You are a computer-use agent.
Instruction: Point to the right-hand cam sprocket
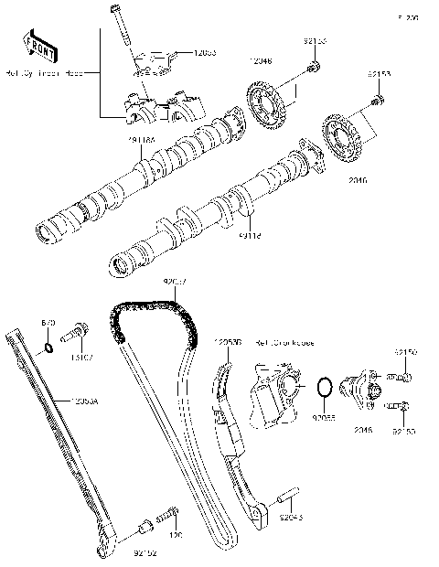[345, 137]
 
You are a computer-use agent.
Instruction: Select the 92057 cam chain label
[175, 282]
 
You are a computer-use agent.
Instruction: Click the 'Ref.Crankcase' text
[284, 343]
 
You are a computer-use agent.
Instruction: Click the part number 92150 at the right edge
[406, 350]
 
